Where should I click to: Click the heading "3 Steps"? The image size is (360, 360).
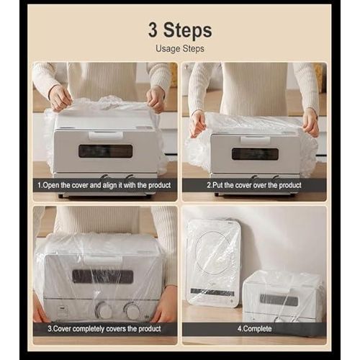click(180, 30)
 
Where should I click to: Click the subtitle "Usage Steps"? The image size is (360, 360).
click(180, 49)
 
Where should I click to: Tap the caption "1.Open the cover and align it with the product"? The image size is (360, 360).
click(104, 185)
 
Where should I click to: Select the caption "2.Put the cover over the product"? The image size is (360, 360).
click(254, 185)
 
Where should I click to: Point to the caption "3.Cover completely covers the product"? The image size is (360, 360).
click(104, 328)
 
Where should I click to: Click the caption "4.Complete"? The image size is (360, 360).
click(254, 328)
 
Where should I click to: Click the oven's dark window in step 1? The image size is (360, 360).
click(106, 151)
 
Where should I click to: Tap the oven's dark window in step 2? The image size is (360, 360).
click(255, 154)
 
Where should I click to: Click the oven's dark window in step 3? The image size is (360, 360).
click(103, 276)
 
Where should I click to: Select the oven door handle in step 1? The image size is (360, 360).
click(106, 135)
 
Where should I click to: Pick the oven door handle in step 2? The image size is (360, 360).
click(256, 140)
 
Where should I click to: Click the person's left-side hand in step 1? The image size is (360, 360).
click(60, 98)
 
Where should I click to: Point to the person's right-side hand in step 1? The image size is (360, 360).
click(156, 100)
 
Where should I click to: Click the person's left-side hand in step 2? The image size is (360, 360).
click(198, 125)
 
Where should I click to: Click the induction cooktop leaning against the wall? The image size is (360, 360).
click(213, 263)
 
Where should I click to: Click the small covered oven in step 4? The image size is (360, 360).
click(284, 297)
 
